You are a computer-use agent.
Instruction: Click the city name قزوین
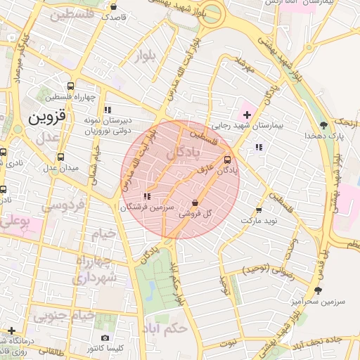pyautogui.click(x=46, y=117)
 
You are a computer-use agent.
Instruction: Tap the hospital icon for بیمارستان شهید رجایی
pyautogui.click(x=246, y=114)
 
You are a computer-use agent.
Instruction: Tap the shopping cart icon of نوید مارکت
pyautogui.click(x=259, y=210)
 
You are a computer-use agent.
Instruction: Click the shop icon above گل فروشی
pyautogui.click(x=195, y=202)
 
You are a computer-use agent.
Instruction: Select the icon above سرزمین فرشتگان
pyautogui.click(x=146, y=197)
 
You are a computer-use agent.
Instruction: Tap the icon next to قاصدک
pyautogui.click(x=115, y=6)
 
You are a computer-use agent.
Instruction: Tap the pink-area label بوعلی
pyautogui.click(x=14, y=221)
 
